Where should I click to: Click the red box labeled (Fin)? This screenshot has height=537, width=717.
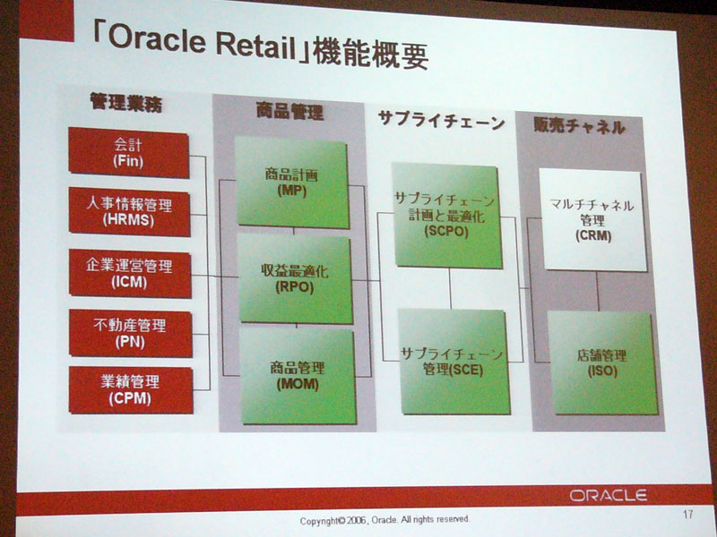[x=128, y=152]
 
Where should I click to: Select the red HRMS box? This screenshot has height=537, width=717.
[x=129, y=211]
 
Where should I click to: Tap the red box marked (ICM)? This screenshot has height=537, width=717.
[x=130, y=274]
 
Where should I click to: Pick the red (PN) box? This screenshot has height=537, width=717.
[x=130, y=333]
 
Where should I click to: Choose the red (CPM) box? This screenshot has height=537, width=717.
[x=131, y=390]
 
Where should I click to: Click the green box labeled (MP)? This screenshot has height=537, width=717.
[x=292, y=183]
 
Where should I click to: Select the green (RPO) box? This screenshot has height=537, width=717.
[x=296, y=278]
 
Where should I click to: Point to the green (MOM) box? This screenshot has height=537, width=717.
[x=298, y=376]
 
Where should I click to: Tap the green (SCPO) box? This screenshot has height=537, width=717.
[x=446, y=215]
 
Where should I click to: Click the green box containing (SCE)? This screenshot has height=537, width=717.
[x=454, y=362]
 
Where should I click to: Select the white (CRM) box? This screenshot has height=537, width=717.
[x=592, y=220]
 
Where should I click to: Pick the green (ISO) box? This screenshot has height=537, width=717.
[x=602, y=363]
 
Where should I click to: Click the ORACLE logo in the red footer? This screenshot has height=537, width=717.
[x=609, y=496]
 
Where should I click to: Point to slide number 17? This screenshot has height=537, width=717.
[x=687, y=514]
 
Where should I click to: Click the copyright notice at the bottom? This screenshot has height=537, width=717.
[x=384, y=520]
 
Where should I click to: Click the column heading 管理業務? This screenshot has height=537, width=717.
[x=125, y=102]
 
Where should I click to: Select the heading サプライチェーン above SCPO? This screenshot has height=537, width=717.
[x=441, y=121]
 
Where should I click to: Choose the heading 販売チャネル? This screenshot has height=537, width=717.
[x=579, y=125]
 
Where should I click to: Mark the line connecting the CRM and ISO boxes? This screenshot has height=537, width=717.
[x=598, y=292]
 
